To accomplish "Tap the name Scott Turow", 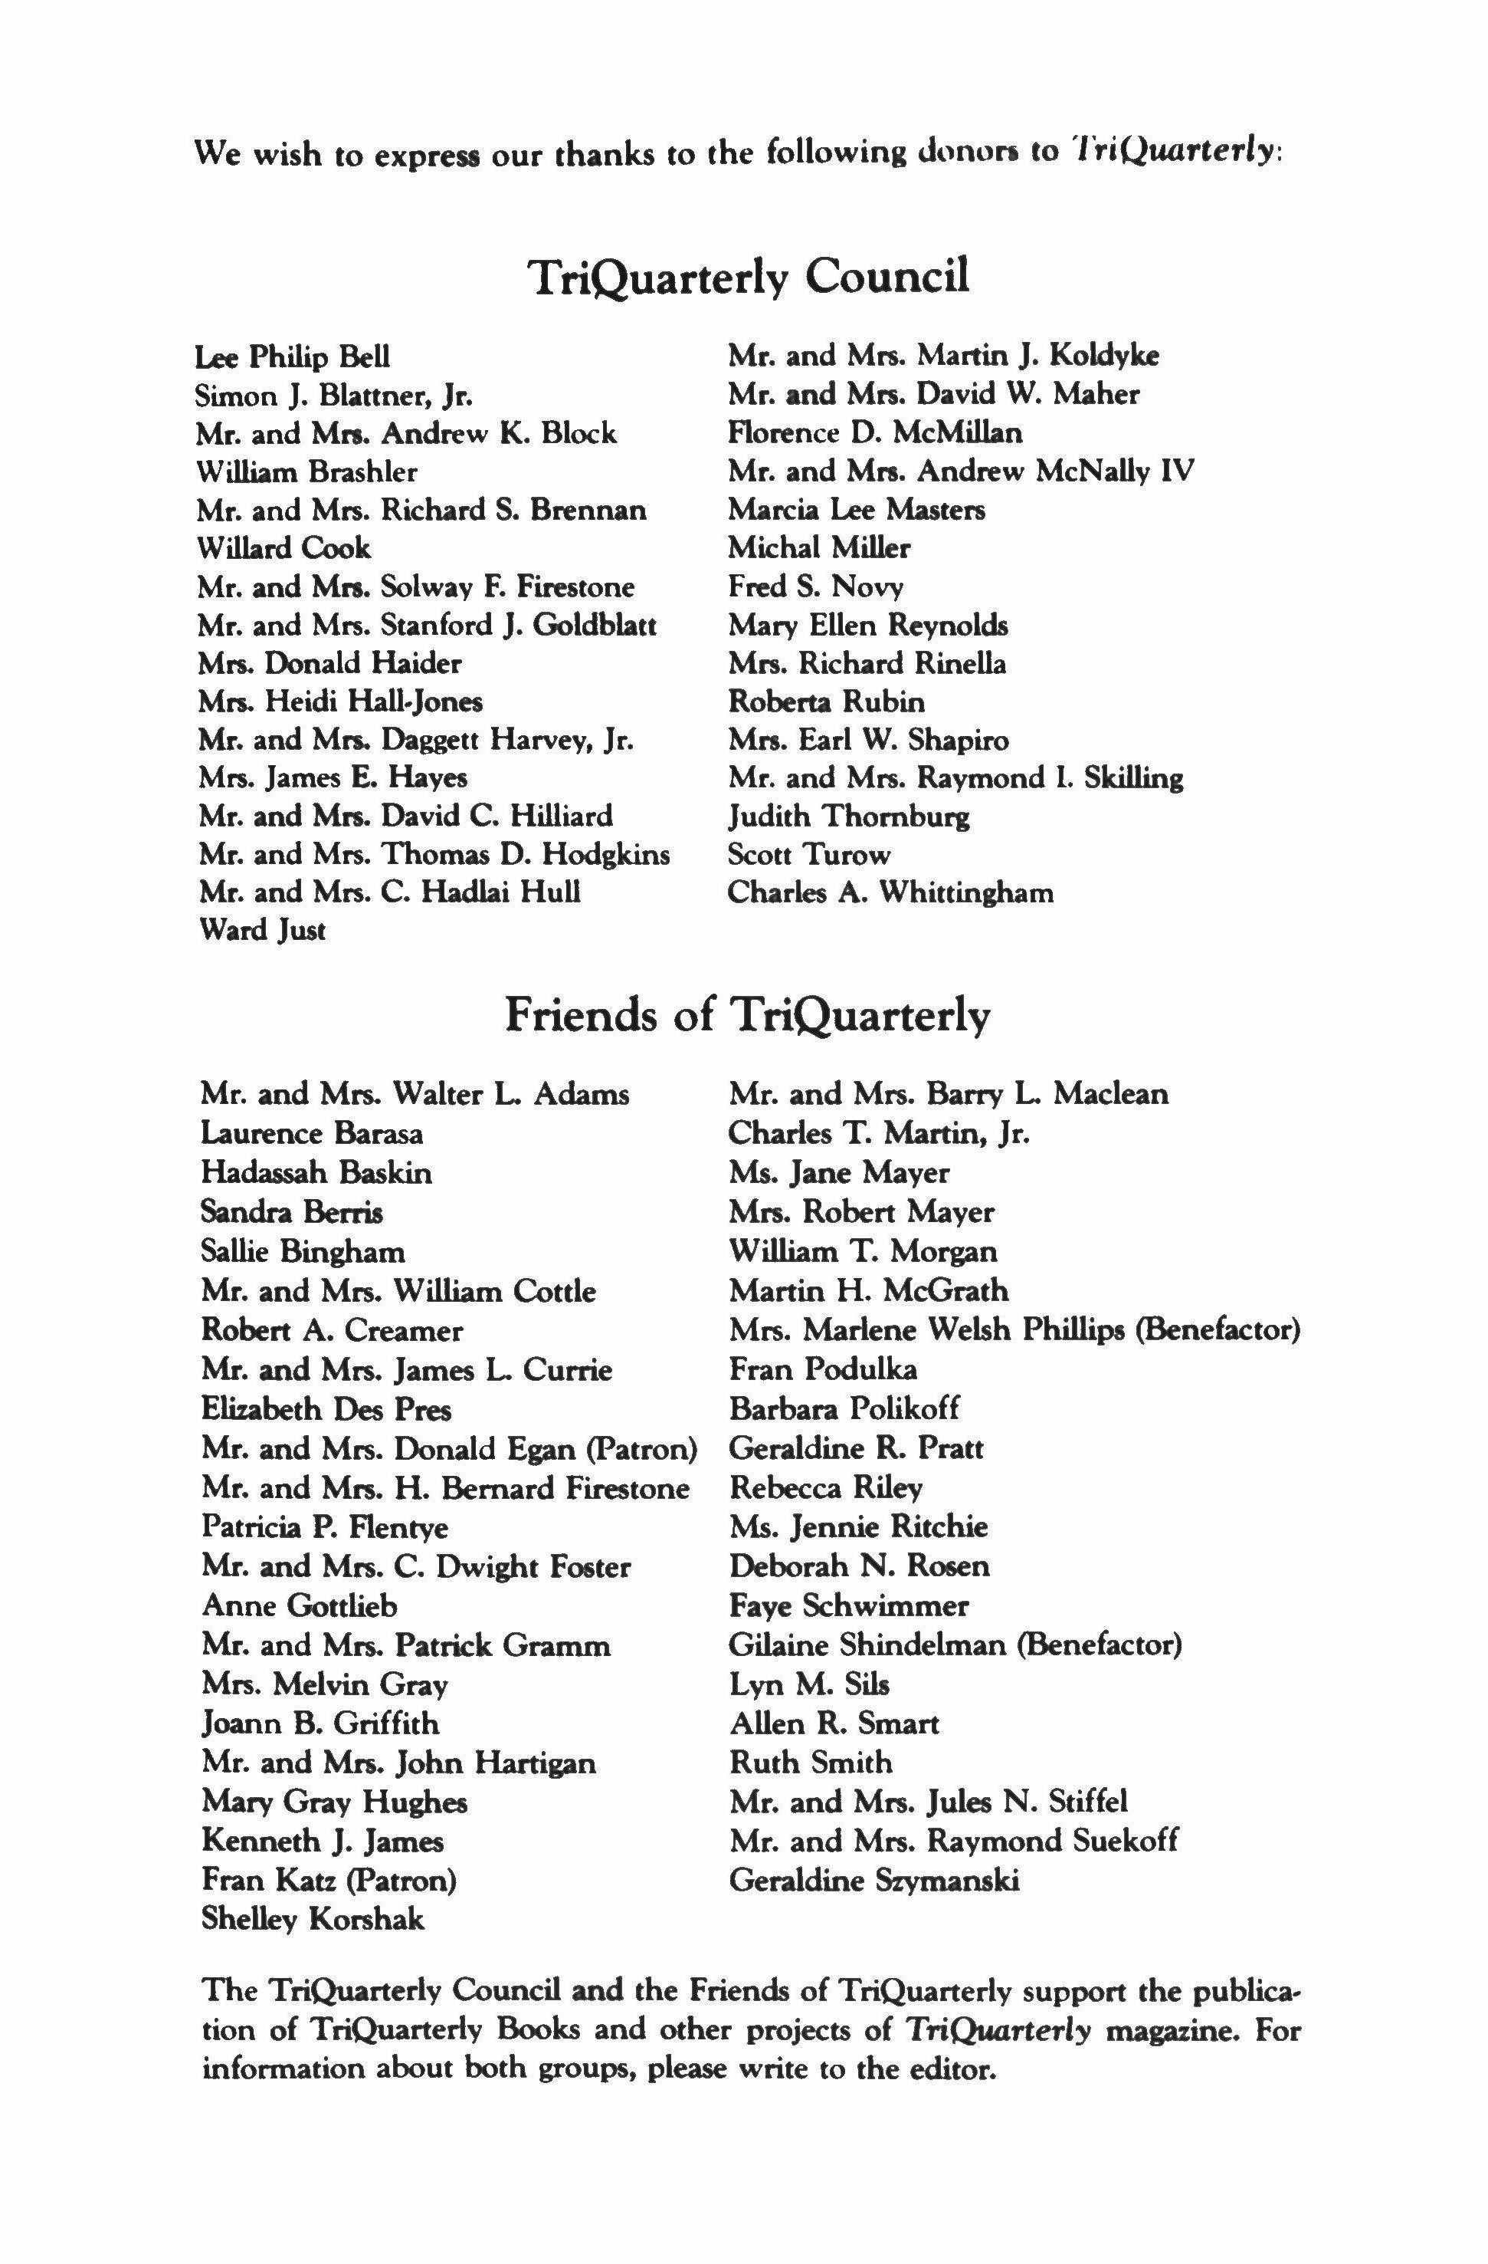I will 809,854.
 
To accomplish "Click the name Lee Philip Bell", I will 292,358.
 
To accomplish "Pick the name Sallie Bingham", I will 303,1251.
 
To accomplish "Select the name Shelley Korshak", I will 313,1919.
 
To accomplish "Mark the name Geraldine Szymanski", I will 873,1880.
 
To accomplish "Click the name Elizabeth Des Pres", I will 326,1409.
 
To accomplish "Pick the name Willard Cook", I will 284,548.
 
